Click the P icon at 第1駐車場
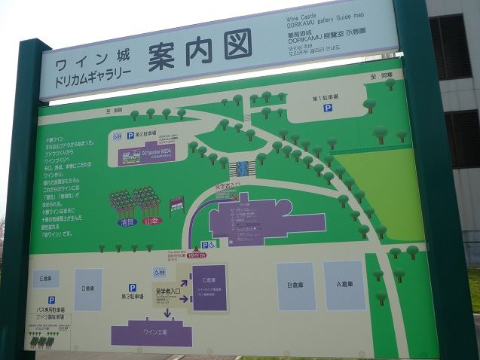[x=328, y=108]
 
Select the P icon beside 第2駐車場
[x=130, y=136]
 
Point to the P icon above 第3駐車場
[x=132, y=288]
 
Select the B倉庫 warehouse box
[x=295, y=285]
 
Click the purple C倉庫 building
[x=209, y=288]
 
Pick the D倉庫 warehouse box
[x=87, y=289]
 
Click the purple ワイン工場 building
[x=151, y=332]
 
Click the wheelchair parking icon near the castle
[x=212, y=245]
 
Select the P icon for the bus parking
[x=51, y=300]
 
